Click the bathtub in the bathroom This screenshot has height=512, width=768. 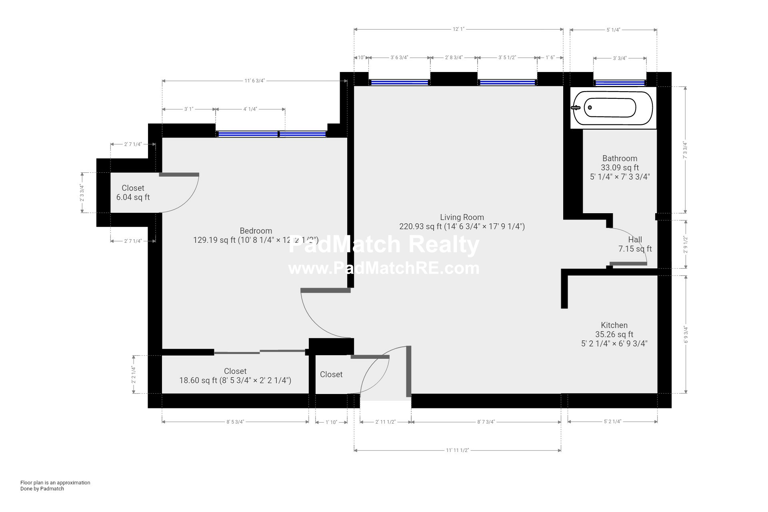[613, 108]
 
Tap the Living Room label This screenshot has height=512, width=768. [462, 217]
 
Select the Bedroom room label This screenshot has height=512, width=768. [256, 231]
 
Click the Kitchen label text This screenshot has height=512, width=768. [614, 325]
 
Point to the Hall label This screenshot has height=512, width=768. [635, 240]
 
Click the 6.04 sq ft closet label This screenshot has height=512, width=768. [133, 193]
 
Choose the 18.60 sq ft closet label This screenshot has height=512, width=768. [235, 376]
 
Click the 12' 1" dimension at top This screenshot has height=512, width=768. [458, 29]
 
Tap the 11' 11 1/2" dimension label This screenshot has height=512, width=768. [457, 450]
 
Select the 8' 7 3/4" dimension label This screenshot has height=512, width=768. [486, 422]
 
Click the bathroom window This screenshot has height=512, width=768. [620, 83]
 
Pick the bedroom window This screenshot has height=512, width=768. [271, 134]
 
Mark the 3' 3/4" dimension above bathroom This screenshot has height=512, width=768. [620, 58]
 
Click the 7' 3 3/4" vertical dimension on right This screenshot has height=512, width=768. [685, 150]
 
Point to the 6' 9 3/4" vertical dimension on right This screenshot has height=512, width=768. [686, 335]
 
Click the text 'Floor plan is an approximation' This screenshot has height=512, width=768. [55, 482]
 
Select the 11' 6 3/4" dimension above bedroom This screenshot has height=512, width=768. [254, 81]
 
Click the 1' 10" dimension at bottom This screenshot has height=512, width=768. [331, 422]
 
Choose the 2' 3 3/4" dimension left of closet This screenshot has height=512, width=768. [82, 193]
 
